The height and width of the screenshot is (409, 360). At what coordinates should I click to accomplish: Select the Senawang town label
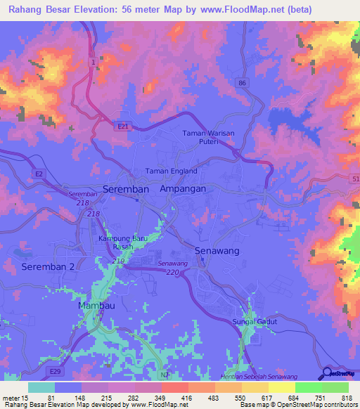(217, 251)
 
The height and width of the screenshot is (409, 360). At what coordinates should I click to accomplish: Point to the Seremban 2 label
(47, 267)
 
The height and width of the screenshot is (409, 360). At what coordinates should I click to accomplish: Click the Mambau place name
(97, 307)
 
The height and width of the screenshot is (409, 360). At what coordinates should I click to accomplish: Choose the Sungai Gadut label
(255, 322)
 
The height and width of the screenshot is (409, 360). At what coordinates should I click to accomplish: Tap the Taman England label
(171, 171)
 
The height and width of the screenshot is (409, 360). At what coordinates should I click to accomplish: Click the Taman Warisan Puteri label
(207, 137)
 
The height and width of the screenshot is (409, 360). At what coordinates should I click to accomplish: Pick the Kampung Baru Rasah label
(125, 242)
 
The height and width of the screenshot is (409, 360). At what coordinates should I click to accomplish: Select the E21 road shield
(123, 126)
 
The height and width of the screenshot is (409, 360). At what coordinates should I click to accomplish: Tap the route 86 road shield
(243, 83)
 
